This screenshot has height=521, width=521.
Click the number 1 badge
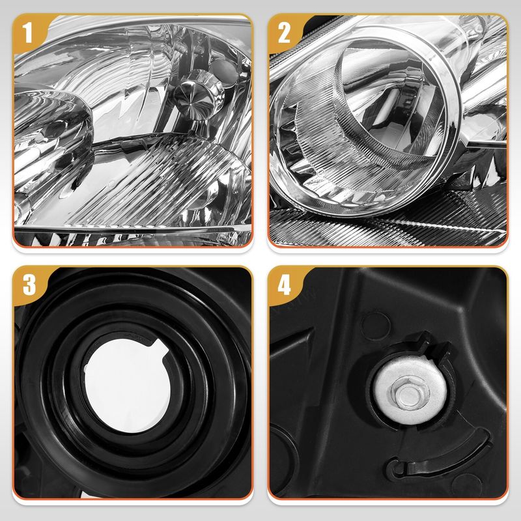tap(28, 33)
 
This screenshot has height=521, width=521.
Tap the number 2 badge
tap(283, 33)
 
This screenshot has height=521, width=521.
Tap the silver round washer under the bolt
tap(410, 390)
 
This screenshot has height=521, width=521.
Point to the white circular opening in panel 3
tap(127, 386)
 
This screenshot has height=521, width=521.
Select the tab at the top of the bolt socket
tap(424, 341)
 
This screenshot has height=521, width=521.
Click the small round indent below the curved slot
tap(467, 485)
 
